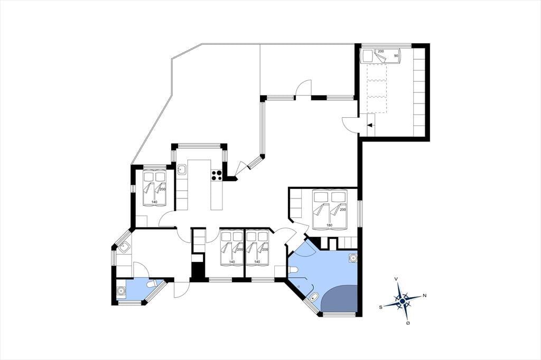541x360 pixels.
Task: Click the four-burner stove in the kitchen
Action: click(x=216, y=175)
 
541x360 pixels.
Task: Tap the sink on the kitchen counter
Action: click(x=182, y=169)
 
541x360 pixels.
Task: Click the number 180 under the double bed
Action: click(x=329, y=225)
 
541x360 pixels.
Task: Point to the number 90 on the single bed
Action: click(x=396, y=55)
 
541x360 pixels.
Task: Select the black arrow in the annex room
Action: click(x=369, y=125)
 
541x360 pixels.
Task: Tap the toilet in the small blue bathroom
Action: click(x=152, y=285)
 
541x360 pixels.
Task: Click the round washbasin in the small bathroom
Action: click(x=121, y=291)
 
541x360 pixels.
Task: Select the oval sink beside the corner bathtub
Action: click(x=314, y=298)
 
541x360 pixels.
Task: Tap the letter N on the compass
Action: click(x=424, y=296)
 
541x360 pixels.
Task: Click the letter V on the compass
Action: click(x=397, y=279)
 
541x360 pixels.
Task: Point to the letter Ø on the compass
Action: click(x=408, y=323)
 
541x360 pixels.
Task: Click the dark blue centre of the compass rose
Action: click(x=402, y=301)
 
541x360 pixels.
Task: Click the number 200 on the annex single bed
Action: click(x=380, y=51)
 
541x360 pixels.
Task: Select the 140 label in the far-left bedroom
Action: click(x=154, y=202)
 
